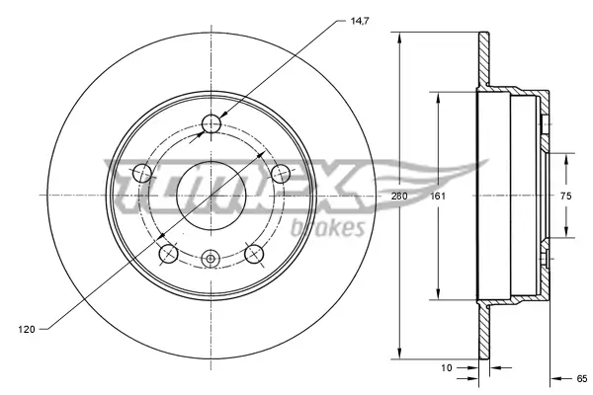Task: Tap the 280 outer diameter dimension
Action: [399, 197]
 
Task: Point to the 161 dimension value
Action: [435, 197]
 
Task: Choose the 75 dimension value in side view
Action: [566, 197]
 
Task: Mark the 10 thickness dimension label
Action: [447, 367]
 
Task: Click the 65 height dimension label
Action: [581, 377]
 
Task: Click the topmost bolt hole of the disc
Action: [211, 124]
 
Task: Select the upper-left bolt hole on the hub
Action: [142, 175]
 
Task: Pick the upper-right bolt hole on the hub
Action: [280, 175]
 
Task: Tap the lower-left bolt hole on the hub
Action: [168, 255]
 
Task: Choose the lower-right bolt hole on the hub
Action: [254, 255]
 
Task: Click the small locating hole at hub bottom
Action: [211, 260]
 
